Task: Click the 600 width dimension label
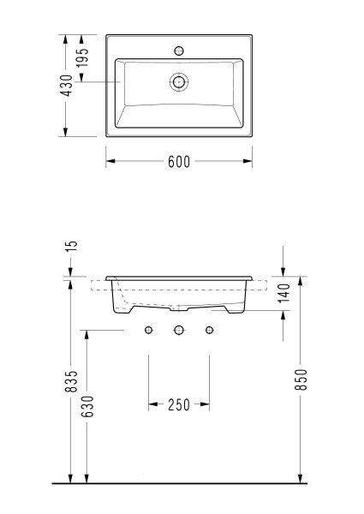click(179, 162)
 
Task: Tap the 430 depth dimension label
click(67, 85)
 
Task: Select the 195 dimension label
click(82, 57)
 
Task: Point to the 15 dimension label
click(73, 246)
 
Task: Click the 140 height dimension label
click(283, 293)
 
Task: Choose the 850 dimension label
click(301, 380)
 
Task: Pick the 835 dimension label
click(71, 381)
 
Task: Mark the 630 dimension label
click(87, 406)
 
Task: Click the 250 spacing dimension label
click(179, 405)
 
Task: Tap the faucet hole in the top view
click(178, 51)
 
